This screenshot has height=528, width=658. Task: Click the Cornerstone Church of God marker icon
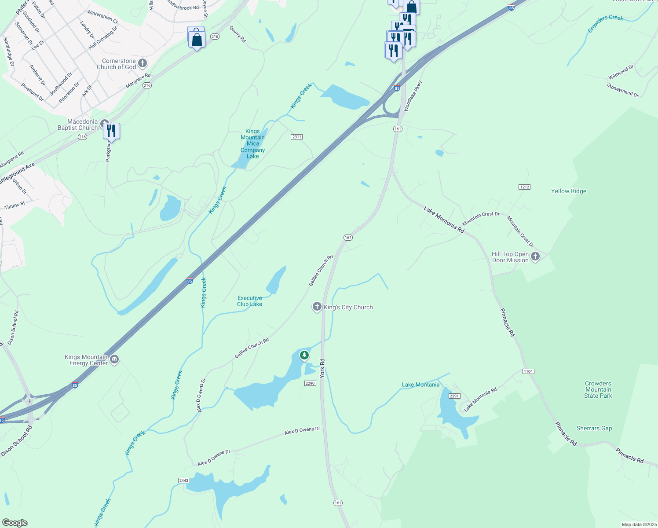click(x=143, y=63)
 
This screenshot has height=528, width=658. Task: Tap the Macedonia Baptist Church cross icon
click(x=104, y=124)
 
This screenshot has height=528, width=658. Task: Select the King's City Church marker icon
click(x=317, y=307)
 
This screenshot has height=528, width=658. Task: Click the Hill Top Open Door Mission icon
click(x=535, y=257)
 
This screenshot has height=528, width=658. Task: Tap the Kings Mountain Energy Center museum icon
click(x=114, y=359)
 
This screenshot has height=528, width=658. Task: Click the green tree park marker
click(x=304, y=355)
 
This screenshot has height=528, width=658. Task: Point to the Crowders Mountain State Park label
click(x=598, y=389)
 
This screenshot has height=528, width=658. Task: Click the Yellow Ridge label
click(x=568, y=191)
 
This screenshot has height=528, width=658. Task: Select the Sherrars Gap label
click(x=594, y=428)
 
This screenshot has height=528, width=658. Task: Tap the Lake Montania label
click(x=420, y=385)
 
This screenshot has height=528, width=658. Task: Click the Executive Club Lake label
click(x=249, y=301)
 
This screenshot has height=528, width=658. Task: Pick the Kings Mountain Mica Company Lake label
click(x=252, y=143)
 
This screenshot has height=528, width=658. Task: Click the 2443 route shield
click(x=184, y=480)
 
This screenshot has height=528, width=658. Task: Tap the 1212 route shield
click(x=524, y=187)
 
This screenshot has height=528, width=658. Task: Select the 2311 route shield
click(x=296, y=137)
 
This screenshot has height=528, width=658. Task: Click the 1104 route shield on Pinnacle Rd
click(x=528, y=371)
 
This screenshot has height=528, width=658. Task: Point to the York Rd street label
click(x=322, y=368)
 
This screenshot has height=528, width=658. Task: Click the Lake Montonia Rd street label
click(x=444, y=220)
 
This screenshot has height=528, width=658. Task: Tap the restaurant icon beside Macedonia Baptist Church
click(x=111, y=131)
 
